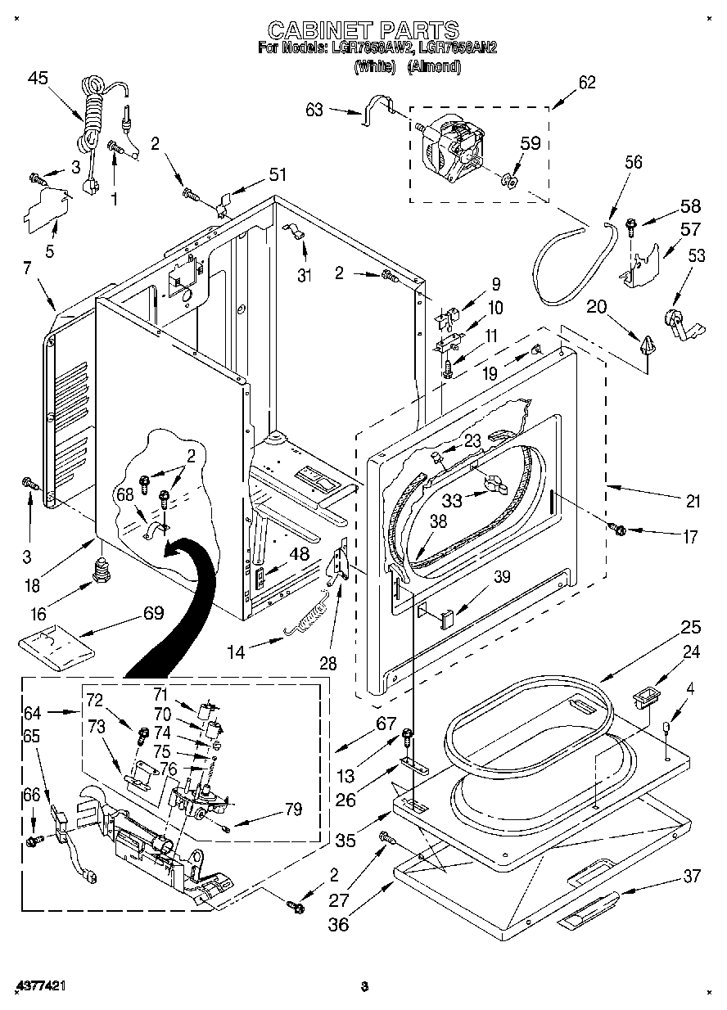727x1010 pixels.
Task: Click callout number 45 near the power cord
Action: [x=38, y=79]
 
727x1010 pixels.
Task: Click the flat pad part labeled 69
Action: [x=56, y=643]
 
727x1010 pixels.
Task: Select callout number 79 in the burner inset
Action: [x=291, y=809]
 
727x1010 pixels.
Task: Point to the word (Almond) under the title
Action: [x=434, y=68]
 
